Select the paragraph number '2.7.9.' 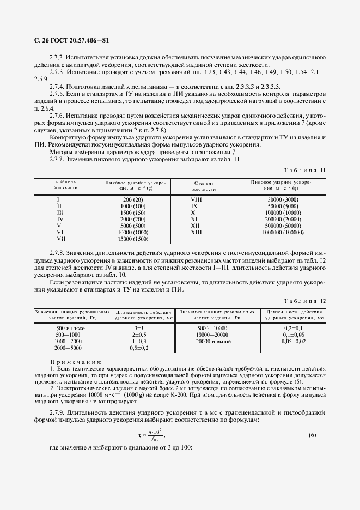(x=57, y=410)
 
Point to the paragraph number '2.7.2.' (x=57, y=57)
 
